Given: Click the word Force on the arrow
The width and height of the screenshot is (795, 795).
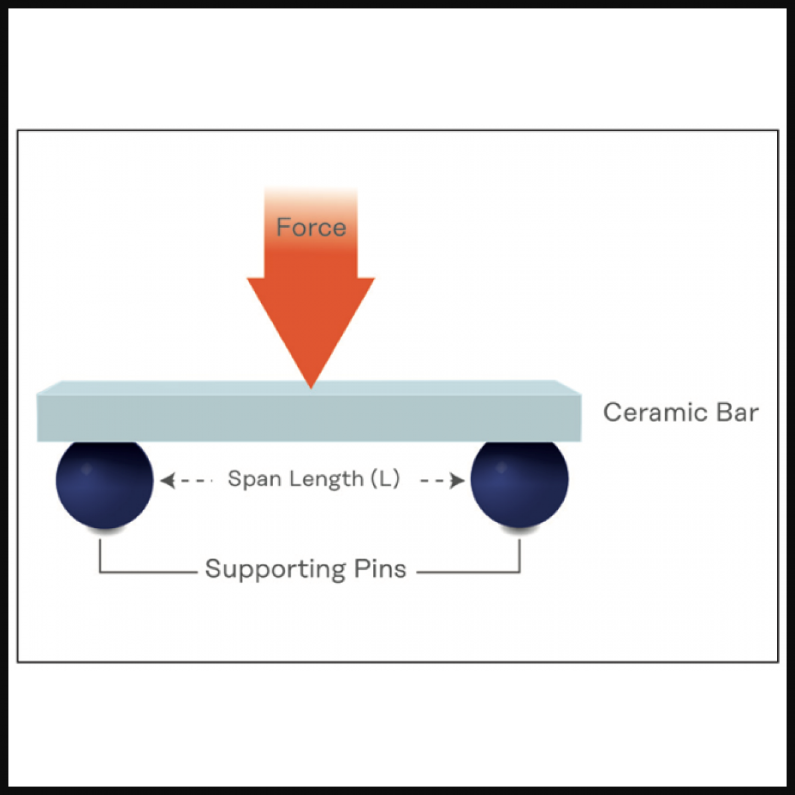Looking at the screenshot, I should point(311,227).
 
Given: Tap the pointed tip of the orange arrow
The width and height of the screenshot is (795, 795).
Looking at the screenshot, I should point(311,386).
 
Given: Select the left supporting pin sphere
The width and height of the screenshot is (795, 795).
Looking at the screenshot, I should point(105,482).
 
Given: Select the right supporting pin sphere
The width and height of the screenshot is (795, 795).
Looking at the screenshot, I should point(519,482).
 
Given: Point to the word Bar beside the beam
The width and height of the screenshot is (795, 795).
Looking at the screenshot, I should point(737,412).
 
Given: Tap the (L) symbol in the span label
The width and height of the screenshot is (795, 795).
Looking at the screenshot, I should point(385,478).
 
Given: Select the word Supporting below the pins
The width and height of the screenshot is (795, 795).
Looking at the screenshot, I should point(275,569).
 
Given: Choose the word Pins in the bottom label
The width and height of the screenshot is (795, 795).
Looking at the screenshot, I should point(380,569).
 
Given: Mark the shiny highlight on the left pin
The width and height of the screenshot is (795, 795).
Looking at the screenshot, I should point(85,469).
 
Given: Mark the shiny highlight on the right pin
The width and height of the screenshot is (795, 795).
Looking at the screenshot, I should point(501,468).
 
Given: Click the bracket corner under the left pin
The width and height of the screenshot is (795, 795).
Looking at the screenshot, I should point(100,572).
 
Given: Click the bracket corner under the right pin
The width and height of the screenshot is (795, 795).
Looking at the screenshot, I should point(519,572).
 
